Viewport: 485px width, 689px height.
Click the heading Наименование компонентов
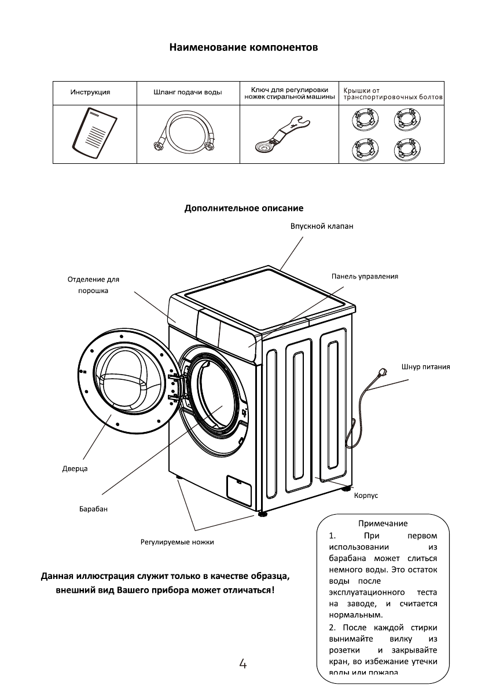pos(243,47)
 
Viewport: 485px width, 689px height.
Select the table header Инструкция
pos(90,92)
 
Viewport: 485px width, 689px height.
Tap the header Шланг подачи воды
pos(187,93)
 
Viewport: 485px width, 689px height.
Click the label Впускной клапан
pos(322,227)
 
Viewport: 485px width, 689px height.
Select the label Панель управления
pos(365,276)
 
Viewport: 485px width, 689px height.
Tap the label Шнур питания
pos(425,367)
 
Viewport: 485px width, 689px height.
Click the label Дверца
pos(75,468)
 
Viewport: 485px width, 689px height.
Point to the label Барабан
pos(94,509)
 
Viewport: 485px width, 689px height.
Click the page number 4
pos(243,664)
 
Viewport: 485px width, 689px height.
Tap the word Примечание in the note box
pos(383,524)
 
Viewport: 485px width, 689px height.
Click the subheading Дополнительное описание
pos(244,208)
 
